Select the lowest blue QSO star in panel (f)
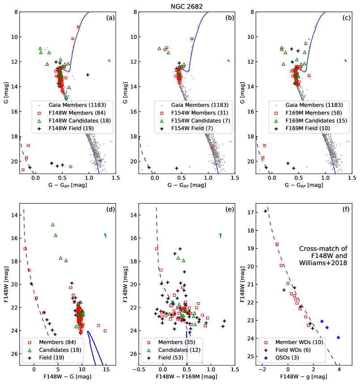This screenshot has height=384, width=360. pyautogui.click(x=338, y=338)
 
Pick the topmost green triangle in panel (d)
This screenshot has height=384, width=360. pyautogui.click(x=53, y=224)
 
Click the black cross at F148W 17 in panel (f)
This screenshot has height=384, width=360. pyautogui.click(x=265, y=211)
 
